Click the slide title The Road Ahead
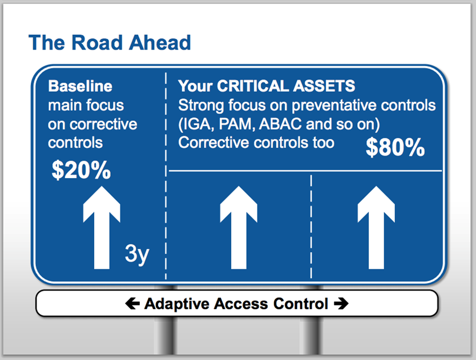[x=110, y=42]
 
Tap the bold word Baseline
[x=80, y=86]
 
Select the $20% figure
[x=81, y=170]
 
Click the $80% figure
[x=396, y=147]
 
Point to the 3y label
[x=137, y=254]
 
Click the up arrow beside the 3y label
[x=102, y=227]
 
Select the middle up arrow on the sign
[x=239, y=227]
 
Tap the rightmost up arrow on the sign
[x=376, y=227]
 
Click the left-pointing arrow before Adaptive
[x=132, y=304]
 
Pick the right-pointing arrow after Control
[x=341, y=304]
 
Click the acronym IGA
[x=196, y=124]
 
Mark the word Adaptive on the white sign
[x=177, y=304]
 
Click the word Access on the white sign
[x=241, y=304]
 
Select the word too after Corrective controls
[x=324, y=143]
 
